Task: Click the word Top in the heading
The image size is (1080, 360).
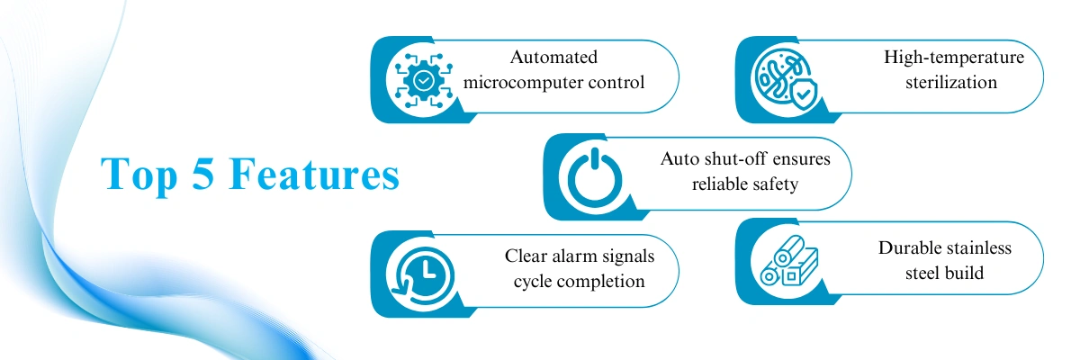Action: [139, 175]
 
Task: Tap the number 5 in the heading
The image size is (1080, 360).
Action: [203, 174]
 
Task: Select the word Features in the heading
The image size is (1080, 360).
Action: [314, 174]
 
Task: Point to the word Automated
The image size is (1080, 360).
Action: [553, 57]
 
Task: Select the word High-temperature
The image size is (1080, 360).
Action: [954, 58]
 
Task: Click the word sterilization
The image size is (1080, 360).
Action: [950, 83]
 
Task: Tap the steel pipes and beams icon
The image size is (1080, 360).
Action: [789, 261]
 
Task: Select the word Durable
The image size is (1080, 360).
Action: [908, 247]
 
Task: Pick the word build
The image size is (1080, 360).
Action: [964, 274]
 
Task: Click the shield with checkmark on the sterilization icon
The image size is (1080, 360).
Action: [802, 94]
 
